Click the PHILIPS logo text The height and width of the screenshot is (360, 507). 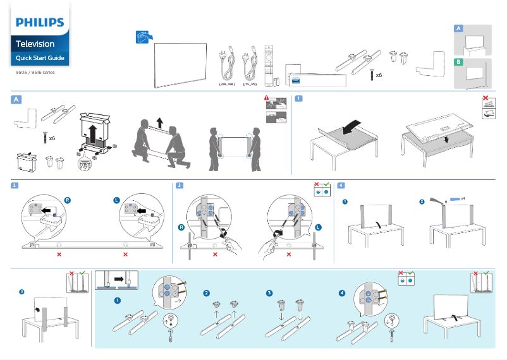40,23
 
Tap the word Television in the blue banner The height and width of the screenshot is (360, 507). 35,44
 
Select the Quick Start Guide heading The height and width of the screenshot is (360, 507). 39,59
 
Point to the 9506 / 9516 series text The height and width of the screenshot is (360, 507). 35,73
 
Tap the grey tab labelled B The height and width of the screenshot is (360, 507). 458,62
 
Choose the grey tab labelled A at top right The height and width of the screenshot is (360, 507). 458,29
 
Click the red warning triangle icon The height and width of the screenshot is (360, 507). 267,99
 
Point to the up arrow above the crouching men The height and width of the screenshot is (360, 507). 159,122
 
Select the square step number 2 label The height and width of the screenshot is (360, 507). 15,186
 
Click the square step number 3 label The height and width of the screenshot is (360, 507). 180,186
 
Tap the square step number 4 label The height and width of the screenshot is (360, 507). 341,186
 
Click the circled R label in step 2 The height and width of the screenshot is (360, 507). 67,200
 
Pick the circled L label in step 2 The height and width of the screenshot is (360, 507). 116,200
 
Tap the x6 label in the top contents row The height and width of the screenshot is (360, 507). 379,75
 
